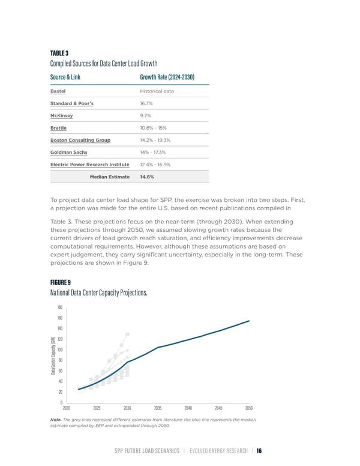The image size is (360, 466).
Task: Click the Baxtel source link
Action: [58, 91]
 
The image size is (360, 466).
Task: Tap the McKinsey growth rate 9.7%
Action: [145, 115]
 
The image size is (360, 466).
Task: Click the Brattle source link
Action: [58, 128]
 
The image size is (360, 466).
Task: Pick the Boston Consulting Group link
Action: [80, 140]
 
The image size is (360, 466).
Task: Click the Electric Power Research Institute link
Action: [89, 165]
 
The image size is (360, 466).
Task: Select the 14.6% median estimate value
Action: [147, 177]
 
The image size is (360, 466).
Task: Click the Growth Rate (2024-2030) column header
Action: [166, 77]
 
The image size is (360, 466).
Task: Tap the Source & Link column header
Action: [65, 77]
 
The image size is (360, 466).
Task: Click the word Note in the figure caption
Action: [56, 419]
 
